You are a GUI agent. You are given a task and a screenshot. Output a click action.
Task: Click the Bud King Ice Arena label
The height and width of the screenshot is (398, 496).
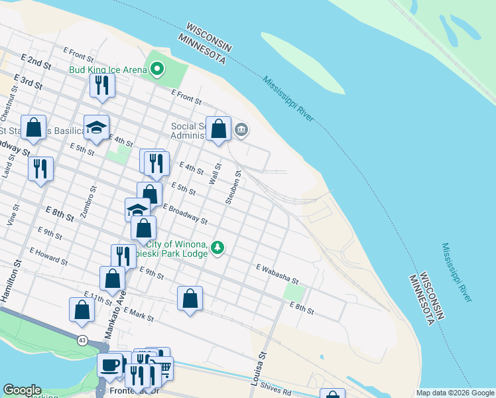coord(106,68)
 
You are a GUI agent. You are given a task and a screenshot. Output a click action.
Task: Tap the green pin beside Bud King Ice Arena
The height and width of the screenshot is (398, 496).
coord(157,68)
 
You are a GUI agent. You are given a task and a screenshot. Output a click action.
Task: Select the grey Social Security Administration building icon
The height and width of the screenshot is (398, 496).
coord(241,129)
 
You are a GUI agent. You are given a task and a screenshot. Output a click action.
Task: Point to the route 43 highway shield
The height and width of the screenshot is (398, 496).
coord(82,340)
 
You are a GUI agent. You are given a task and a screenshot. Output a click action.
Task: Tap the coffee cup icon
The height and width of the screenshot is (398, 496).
coord(109,364)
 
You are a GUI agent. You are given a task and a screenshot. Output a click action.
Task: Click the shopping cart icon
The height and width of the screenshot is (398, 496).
coord(162,368)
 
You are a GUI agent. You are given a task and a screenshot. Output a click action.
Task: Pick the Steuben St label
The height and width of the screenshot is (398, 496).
coord(233,186)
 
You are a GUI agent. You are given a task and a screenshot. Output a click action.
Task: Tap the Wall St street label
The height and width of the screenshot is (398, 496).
coord(215,174)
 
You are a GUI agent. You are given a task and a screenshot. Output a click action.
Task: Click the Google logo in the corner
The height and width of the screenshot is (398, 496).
coord(22,390)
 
